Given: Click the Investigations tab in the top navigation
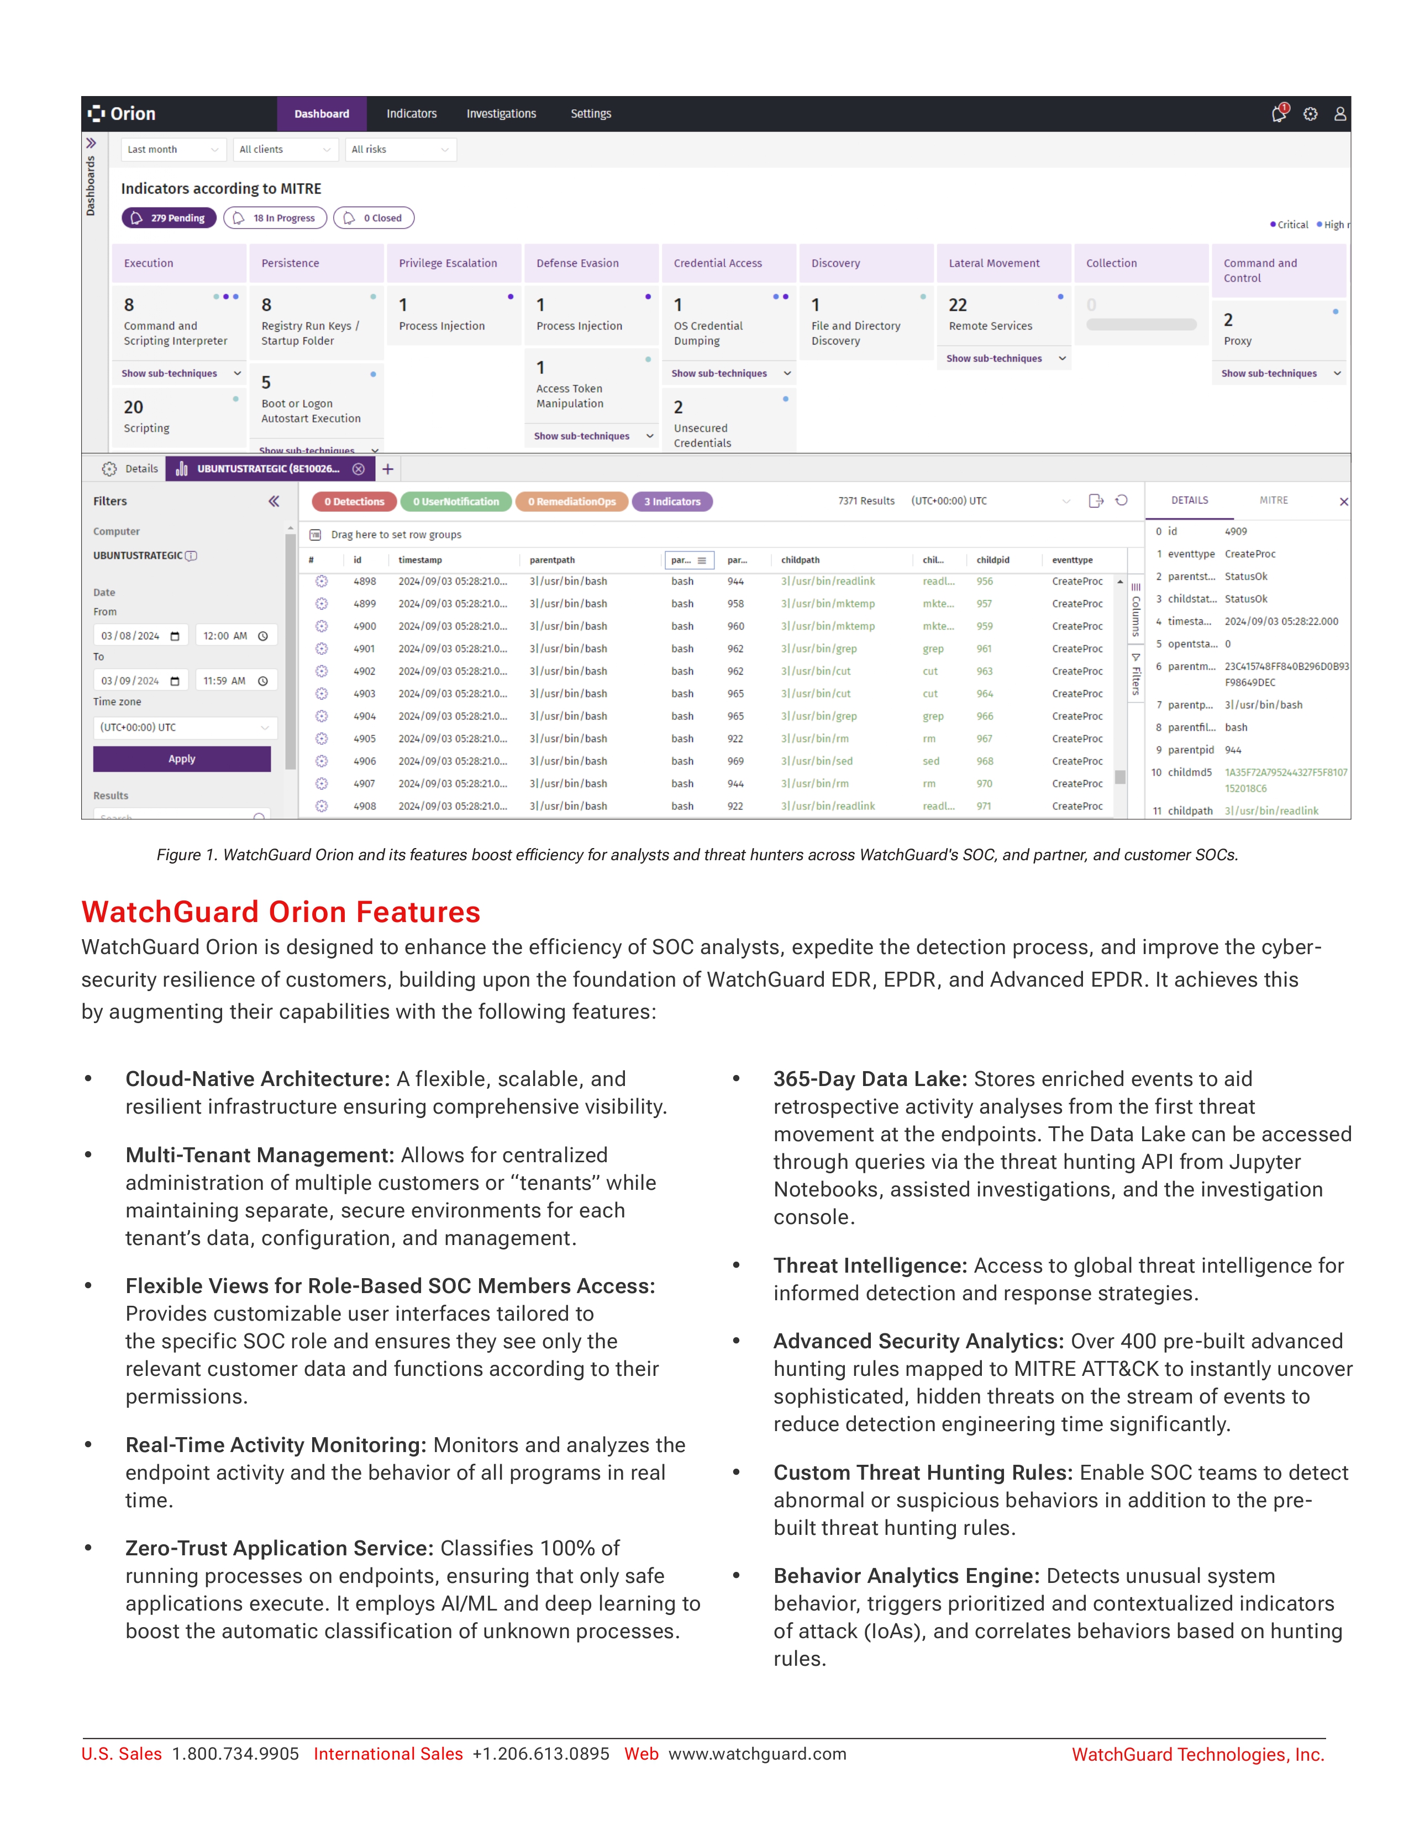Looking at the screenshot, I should point(501,113).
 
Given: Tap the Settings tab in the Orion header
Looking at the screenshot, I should point(590,113).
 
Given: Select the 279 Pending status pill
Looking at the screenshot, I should point(170,218).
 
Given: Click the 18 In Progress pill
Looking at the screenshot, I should point(276,218).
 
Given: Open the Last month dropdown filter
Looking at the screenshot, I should point(172,149).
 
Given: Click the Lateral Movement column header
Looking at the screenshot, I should point(993,263).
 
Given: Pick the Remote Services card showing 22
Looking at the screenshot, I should point(1002,315).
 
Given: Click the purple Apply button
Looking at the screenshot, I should point(182,759).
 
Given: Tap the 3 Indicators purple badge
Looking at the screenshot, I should point(672,501).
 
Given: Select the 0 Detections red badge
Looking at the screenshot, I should point(354,501).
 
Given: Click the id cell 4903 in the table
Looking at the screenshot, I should point(364,693).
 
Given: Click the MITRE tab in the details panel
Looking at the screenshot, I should point(1273,501).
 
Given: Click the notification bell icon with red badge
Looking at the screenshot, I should point(1278,113).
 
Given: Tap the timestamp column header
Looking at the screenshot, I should point(420,560).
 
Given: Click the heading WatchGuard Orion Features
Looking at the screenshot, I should point(281,912).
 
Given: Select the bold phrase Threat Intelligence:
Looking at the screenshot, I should point(870,1265).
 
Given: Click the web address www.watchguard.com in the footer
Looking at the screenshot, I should point(757,1754).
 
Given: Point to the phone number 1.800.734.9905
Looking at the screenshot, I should point(235,1754).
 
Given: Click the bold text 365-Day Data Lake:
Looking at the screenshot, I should point(870,1079).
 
